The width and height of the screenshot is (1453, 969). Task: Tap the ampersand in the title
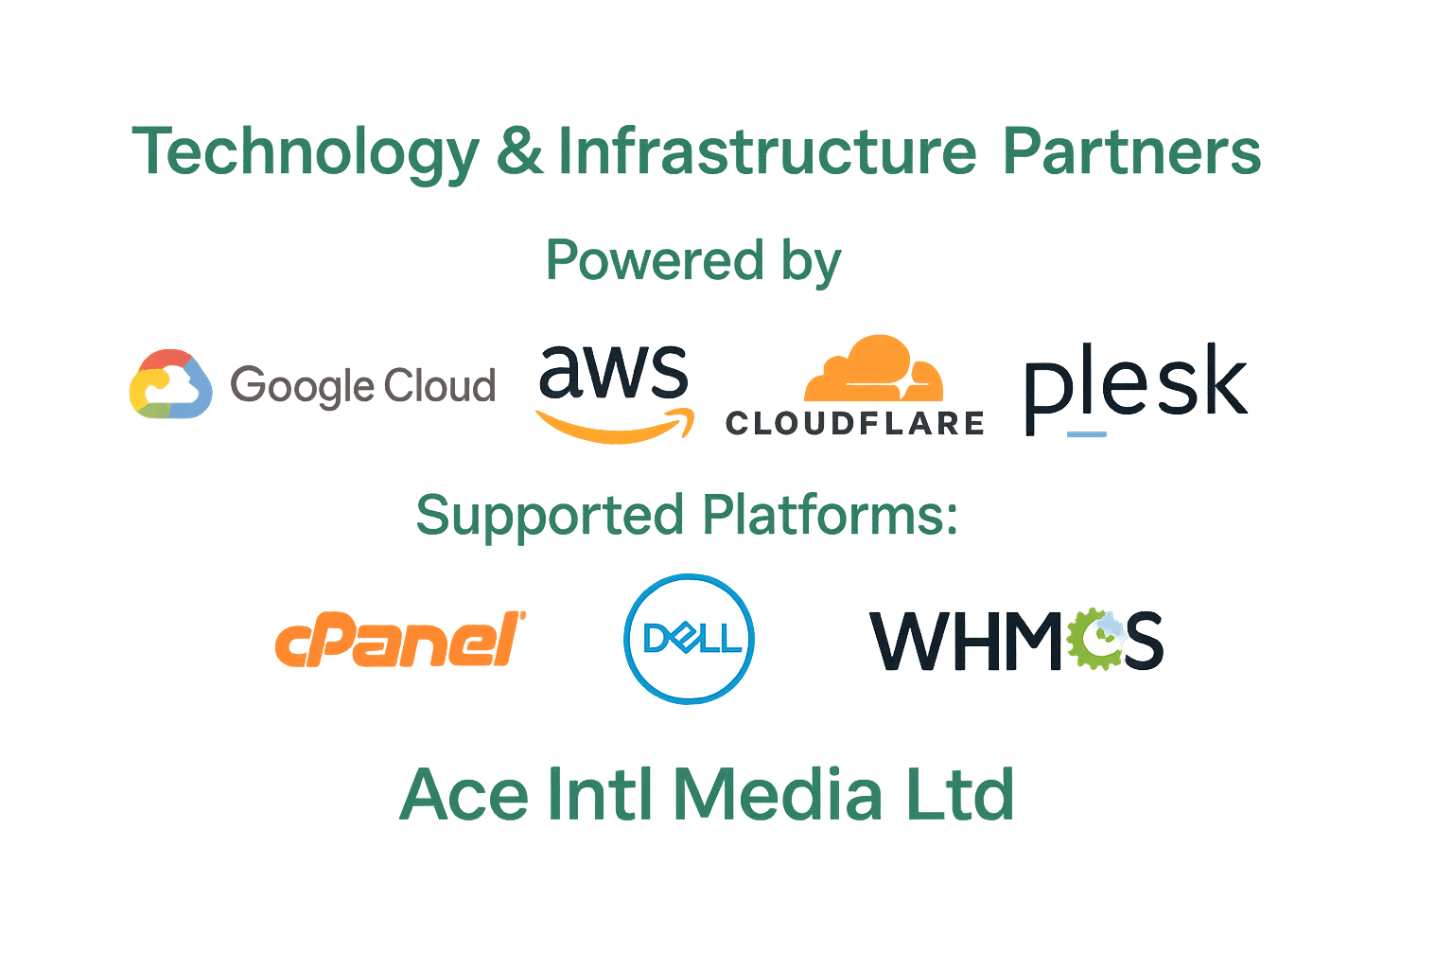coord(520,151)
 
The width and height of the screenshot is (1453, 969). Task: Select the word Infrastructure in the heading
coord(767,151)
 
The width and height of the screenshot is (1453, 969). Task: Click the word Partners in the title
coord(1132,151)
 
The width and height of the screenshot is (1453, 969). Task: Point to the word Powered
coord(656,259)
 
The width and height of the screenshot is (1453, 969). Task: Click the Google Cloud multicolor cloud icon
coord(170,383)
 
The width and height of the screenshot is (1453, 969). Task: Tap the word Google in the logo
coord(303,387)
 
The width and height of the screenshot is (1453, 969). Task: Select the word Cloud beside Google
coord(440,385)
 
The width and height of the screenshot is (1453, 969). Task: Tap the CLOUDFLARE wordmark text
coord(855,423)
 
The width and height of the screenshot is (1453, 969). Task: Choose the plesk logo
coord(1136,388)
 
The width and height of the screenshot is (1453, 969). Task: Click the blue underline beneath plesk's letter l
coord(1087,434)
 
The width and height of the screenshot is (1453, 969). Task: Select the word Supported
coord(550,516)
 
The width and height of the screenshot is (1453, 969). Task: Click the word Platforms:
coord(831,514)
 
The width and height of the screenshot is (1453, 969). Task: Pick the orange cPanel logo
coord(400,640)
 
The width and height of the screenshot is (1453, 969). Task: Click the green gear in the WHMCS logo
coord(1094,639)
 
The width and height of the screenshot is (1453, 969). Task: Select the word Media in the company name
coord(778,794)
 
